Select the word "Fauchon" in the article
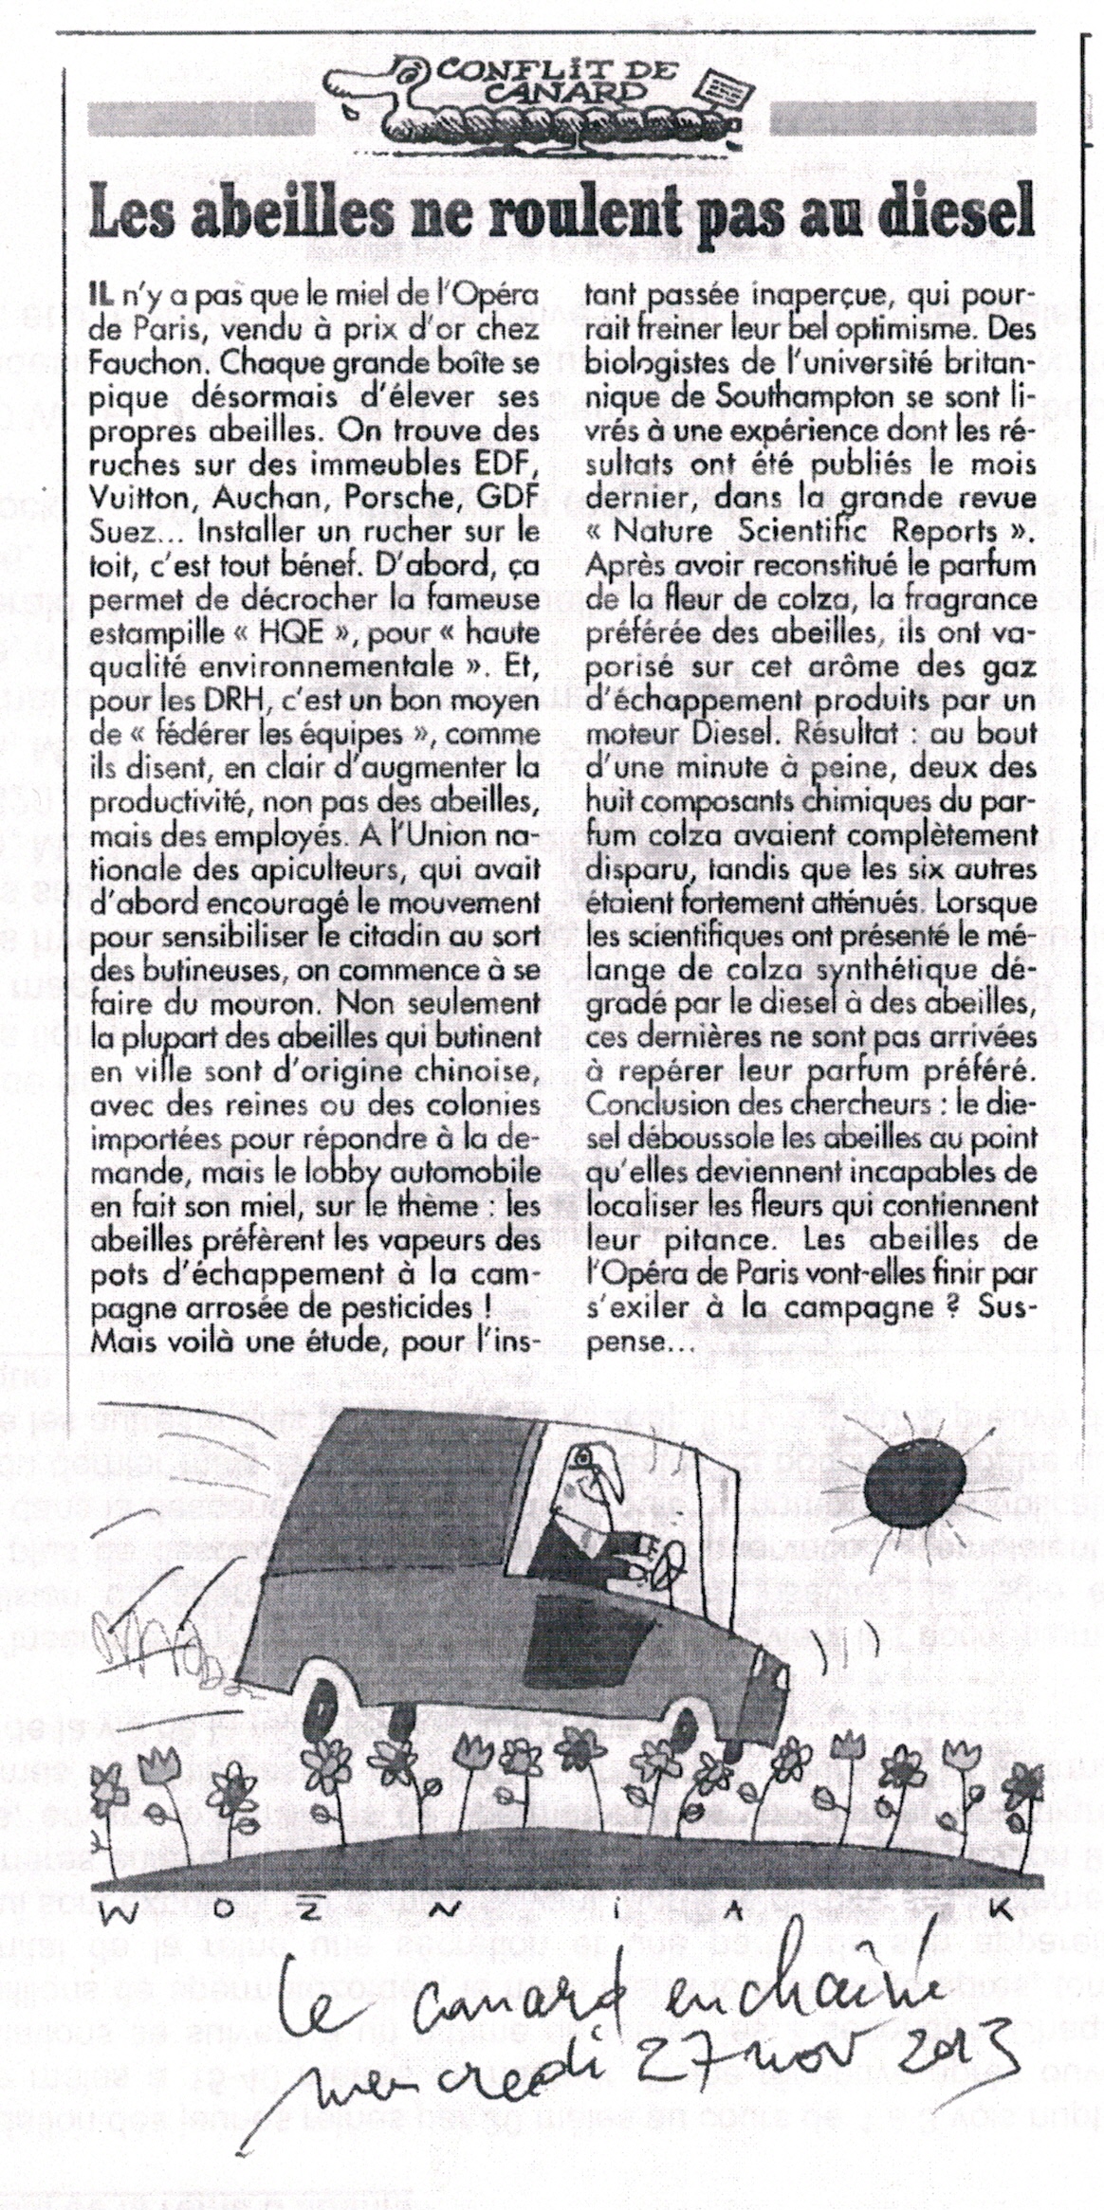coord(144,363)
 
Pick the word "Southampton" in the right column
coord(797,397)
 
